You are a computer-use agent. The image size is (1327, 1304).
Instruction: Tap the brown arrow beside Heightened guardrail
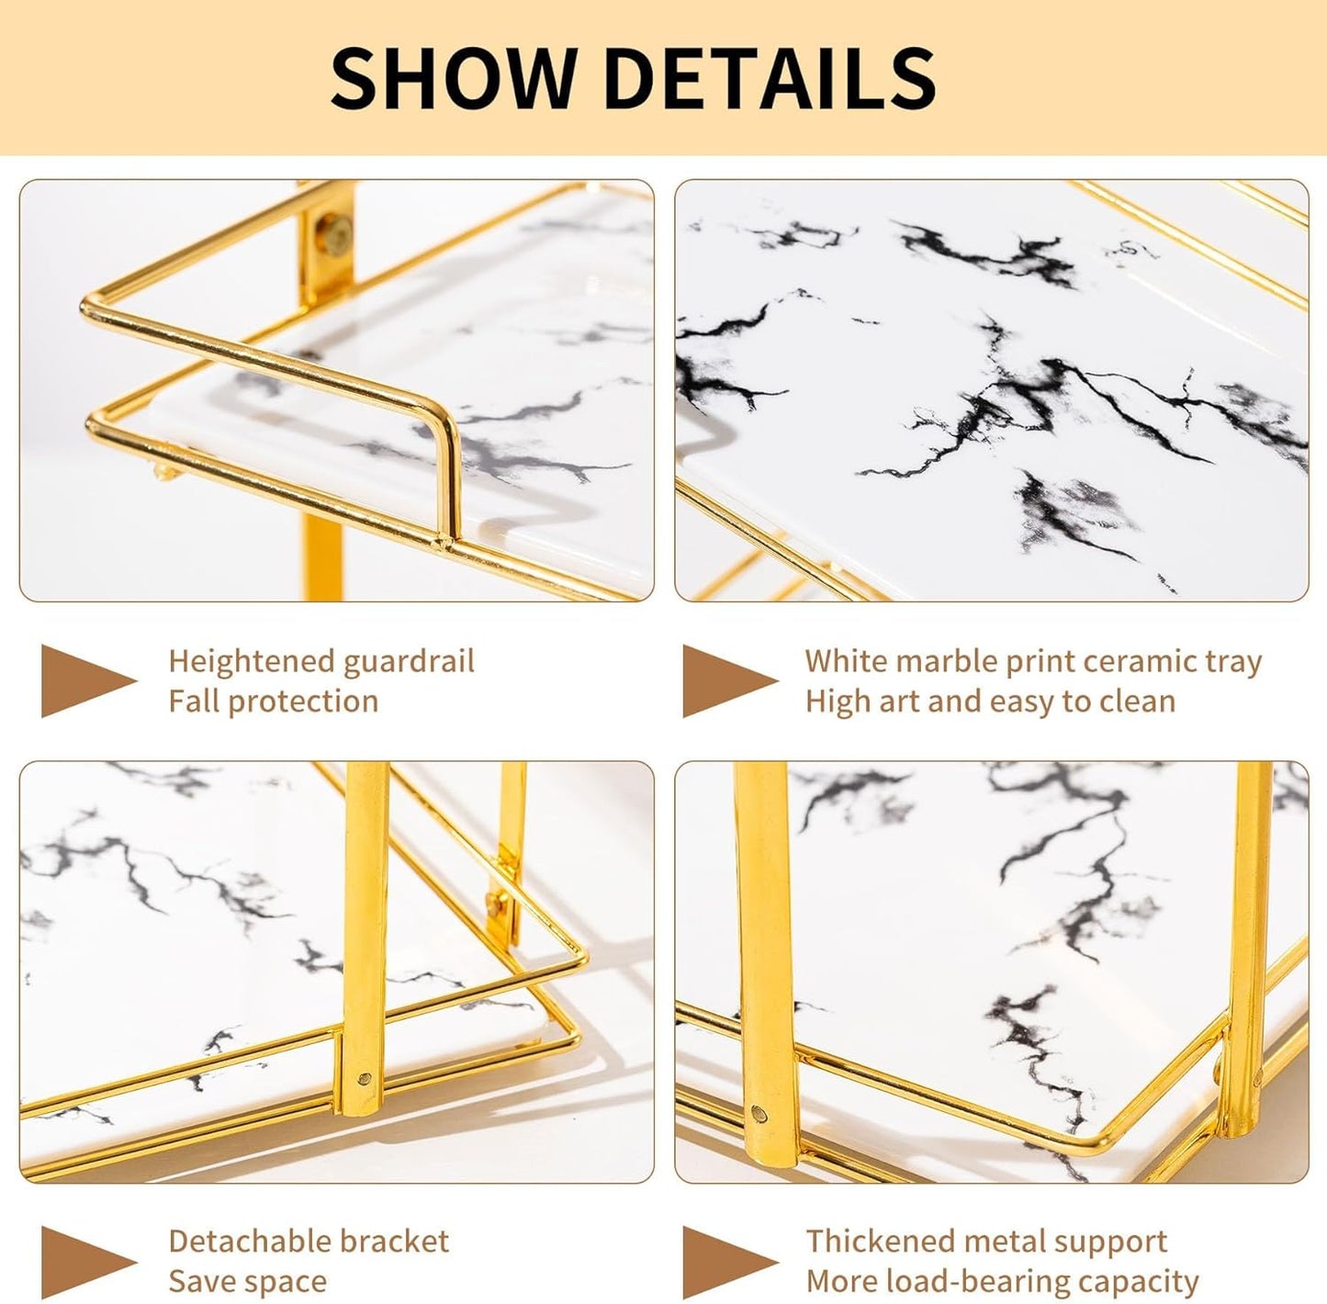[x=87, y=680]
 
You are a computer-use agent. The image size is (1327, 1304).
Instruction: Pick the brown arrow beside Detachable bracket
[x=87, y=1261]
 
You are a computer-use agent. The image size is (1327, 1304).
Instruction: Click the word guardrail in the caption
[x=409, y=661]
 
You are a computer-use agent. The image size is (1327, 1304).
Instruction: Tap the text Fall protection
[x=273, y=702]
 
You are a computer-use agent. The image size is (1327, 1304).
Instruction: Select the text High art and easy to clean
[x=990, y=702]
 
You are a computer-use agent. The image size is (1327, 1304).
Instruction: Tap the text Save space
[x=247, y=1282]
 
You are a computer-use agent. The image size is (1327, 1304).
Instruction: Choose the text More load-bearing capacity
[x=1002, y=1282]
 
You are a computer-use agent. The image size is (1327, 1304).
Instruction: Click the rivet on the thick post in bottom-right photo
[x=759, y=1114]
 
